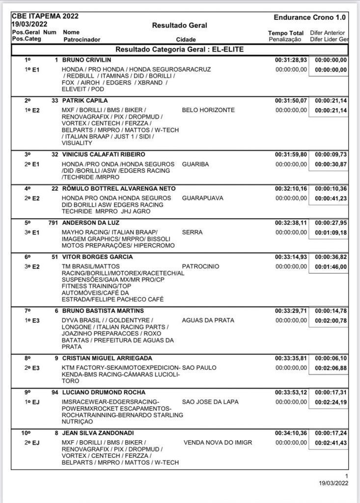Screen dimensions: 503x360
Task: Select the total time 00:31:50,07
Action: (x=291, y=101)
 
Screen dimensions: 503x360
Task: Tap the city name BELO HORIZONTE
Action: (x=208, y=110)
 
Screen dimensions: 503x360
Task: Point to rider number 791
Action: (x=53, y=223)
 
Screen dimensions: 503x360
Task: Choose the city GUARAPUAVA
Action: (x=202, y=198)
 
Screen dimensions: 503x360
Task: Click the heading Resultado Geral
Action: (x=179, y=25)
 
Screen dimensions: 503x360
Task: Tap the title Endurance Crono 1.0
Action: (x=309, y=17)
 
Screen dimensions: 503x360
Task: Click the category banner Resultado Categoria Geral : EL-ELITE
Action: (x=179, y=50)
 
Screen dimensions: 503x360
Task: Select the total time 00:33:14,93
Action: (x=291, y=257)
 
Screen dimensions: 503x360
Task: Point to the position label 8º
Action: (x=28, y=358)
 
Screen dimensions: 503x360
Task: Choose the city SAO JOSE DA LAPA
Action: (x=210, y=402)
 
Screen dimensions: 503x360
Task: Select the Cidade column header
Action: (x=186, y=39)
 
